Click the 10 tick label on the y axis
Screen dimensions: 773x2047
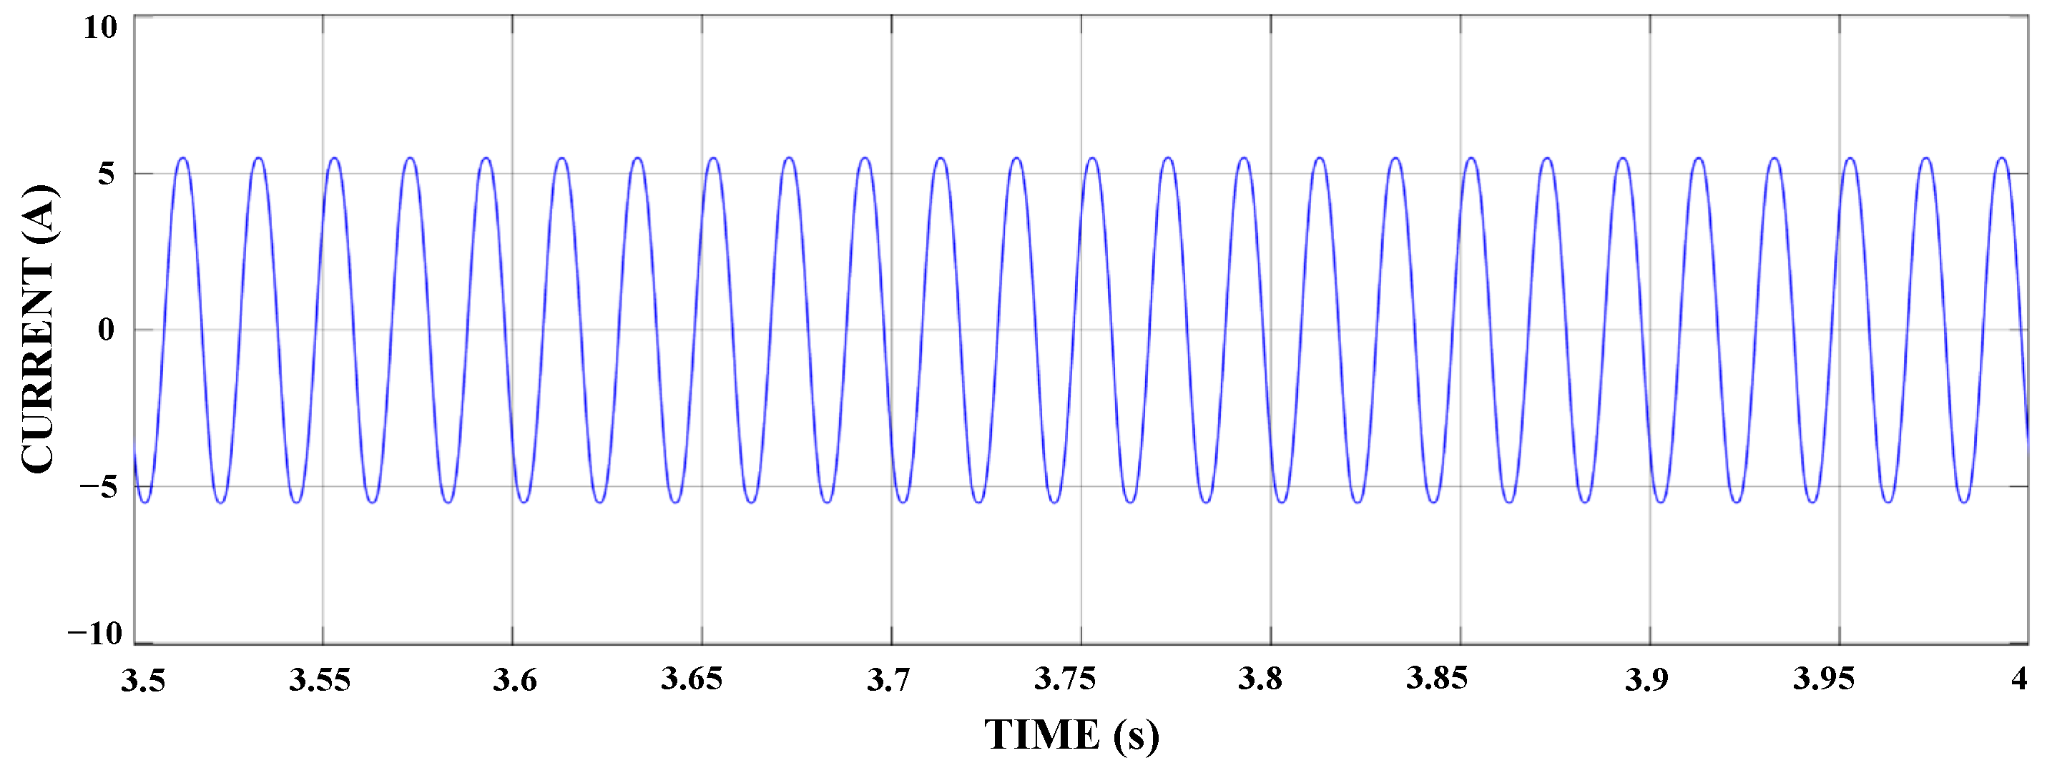pos(100,28)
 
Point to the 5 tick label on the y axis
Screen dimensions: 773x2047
pos(107,173)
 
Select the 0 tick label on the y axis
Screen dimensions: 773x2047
pos(107,329)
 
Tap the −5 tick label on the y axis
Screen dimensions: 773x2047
pos(99,486)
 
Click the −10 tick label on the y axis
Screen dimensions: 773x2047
pos(94,633)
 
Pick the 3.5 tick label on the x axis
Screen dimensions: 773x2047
pos(143,680)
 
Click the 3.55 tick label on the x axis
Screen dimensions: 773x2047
pos(320,680)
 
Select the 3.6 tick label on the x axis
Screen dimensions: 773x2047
pos(515,680)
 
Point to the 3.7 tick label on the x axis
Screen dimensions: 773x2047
pos(888,680)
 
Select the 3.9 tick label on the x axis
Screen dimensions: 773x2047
pos(1646,680)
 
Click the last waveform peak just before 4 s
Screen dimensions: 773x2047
pos(2002,158)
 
